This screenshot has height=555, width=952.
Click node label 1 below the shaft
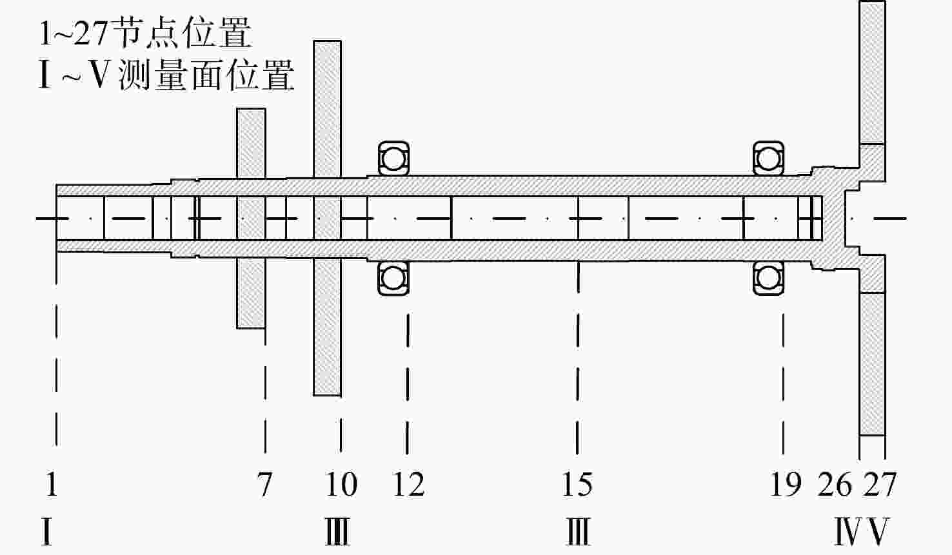(52, 484)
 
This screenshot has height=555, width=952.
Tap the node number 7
(264, 485)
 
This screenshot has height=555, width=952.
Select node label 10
(341, 485)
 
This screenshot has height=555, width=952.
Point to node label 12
(408, 485)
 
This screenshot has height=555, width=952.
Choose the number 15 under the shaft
(577, 485)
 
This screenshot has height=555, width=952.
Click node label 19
(786, 485)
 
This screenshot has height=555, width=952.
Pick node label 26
(835, 485)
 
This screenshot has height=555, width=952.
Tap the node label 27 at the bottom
(879, 485)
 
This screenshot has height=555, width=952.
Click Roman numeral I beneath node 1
(46, 531)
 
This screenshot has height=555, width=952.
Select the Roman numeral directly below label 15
(578, 531)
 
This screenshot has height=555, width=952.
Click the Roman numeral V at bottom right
(878, 531)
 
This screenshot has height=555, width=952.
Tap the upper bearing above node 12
(393, 159)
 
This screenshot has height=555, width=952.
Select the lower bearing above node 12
(393, 278)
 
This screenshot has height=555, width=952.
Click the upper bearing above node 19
(768, 159)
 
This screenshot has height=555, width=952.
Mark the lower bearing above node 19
(768, 278)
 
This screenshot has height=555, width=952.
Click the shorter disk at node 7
(251, 219)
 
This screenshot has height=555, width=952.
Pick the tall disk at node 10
(327, 219)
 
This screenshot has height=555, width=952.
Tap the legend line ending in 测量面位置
(166, 75)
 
